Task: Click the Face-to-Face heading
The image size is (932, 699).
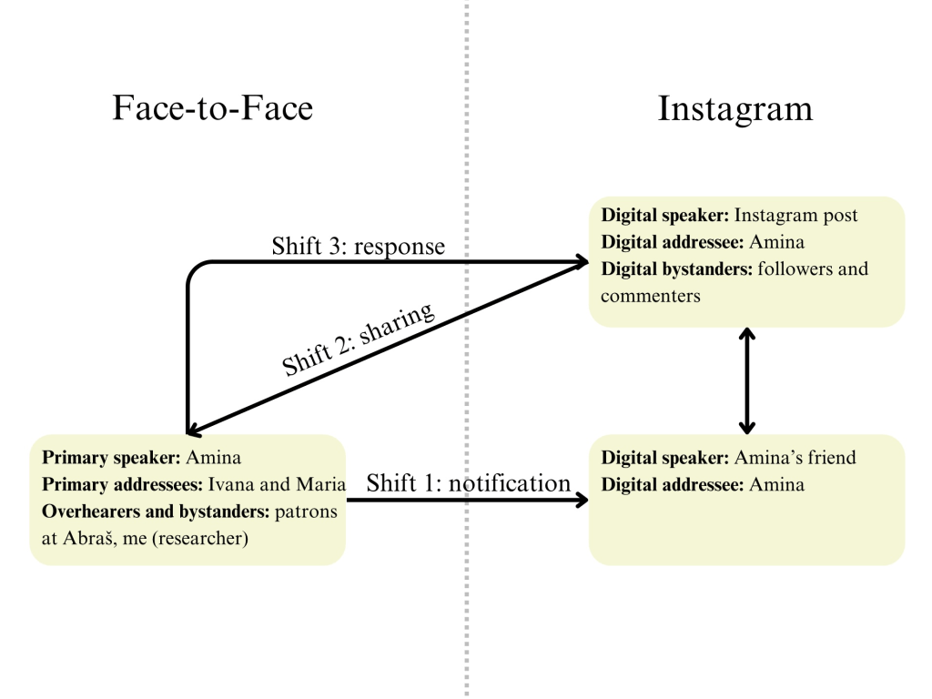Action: click(x=212, y=108)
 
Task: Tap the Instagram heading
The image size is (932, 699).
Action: click(x=734, y=108)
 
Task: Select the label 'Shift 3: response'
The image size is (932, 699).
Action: click(x=358, y=246)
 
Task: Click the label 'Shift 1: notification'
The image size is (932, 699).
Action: click(x=468, y=483)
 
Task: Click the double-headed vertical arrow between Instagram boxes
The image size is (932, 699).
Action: click(x=747, y=380)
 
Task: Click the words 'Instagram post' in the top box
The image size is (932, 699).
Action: click(x=795, y=216)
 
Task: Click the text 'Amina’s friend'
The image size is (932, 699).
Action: click(x=795, y=458)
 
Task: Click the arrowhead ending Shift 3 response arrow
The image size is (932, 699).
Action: click(x=580, y=263)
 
